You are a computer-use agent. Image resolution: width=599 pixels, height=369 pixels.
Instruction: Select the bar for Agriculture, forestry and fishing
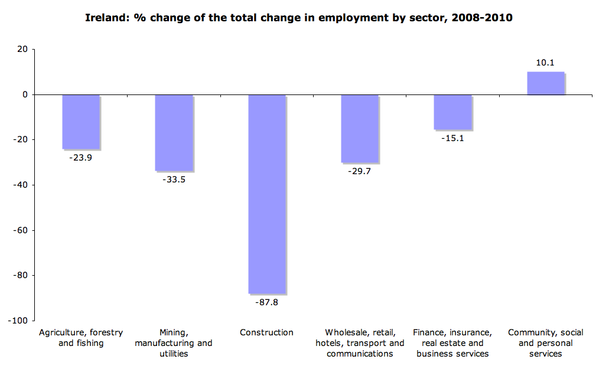pyautogui.click(x=80, y=122)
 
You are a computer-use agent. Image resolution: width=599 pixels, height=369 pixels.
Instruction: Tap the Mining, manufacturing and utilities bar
pyautogui.click(x=173, y=132)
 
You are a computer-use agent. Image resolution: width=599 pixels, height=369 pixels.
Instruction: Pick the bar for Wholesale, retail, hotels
pyautogui.click(x=359, y=128)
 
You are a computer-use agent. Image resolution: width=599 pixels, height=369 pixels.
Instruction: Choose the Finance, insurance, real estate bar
pyautogui.click(x=452, y=112)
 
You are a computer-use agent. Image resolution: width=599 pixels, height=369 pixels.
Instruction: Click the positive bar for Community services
pyautogui.click(x=545, y=83)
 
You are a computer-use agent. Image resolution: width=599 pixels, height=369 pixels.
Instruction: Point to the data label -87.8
pyautogui.click(x=266, y=303)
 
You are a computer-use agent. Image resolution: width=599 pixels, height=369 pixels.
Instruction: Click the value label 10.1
pyautogui.click(x=545, y=63)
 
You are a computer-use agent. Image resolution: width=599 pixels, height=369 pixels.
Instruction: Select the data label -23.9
pyautogui.click(x=80, y=158)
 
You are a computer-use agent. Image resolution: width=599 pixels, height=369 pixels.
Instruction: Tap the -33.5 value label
pyautogui.click(x=173, y=180)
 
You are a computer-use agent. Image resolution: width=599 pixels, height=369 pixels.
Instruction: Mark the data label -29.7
pyautogui.click(x=359, y=171)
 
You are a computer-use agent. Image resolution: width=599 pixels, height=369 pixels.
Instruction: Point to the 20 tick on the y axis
pyautogui.click(x=22, y=49)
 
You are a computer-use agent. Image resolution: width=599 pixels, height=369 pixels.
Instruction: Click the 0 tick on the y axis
pyautogui.click(x=25, y=94)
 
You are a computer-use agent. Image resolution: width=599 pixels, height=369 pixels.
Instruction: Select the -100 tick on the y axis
pyautogui.click(x=18, y=321)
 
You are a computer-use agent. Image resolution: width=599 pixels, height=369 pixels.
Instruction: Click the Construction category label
pyautogui.click(x=266, y=332)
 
